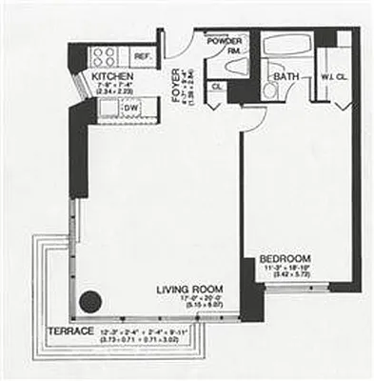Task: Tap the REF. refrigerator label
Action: click(x=143, y=57)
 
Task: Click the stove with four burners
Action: click(x=103, y=55)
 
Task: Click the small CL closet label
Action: click(x=215, y=86)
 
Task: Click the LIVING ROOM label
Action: click(x=190, y=289)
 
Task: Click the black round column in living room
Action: click(x=89, y=302)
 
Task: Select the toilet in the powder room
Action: click(x=238, y=67)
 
